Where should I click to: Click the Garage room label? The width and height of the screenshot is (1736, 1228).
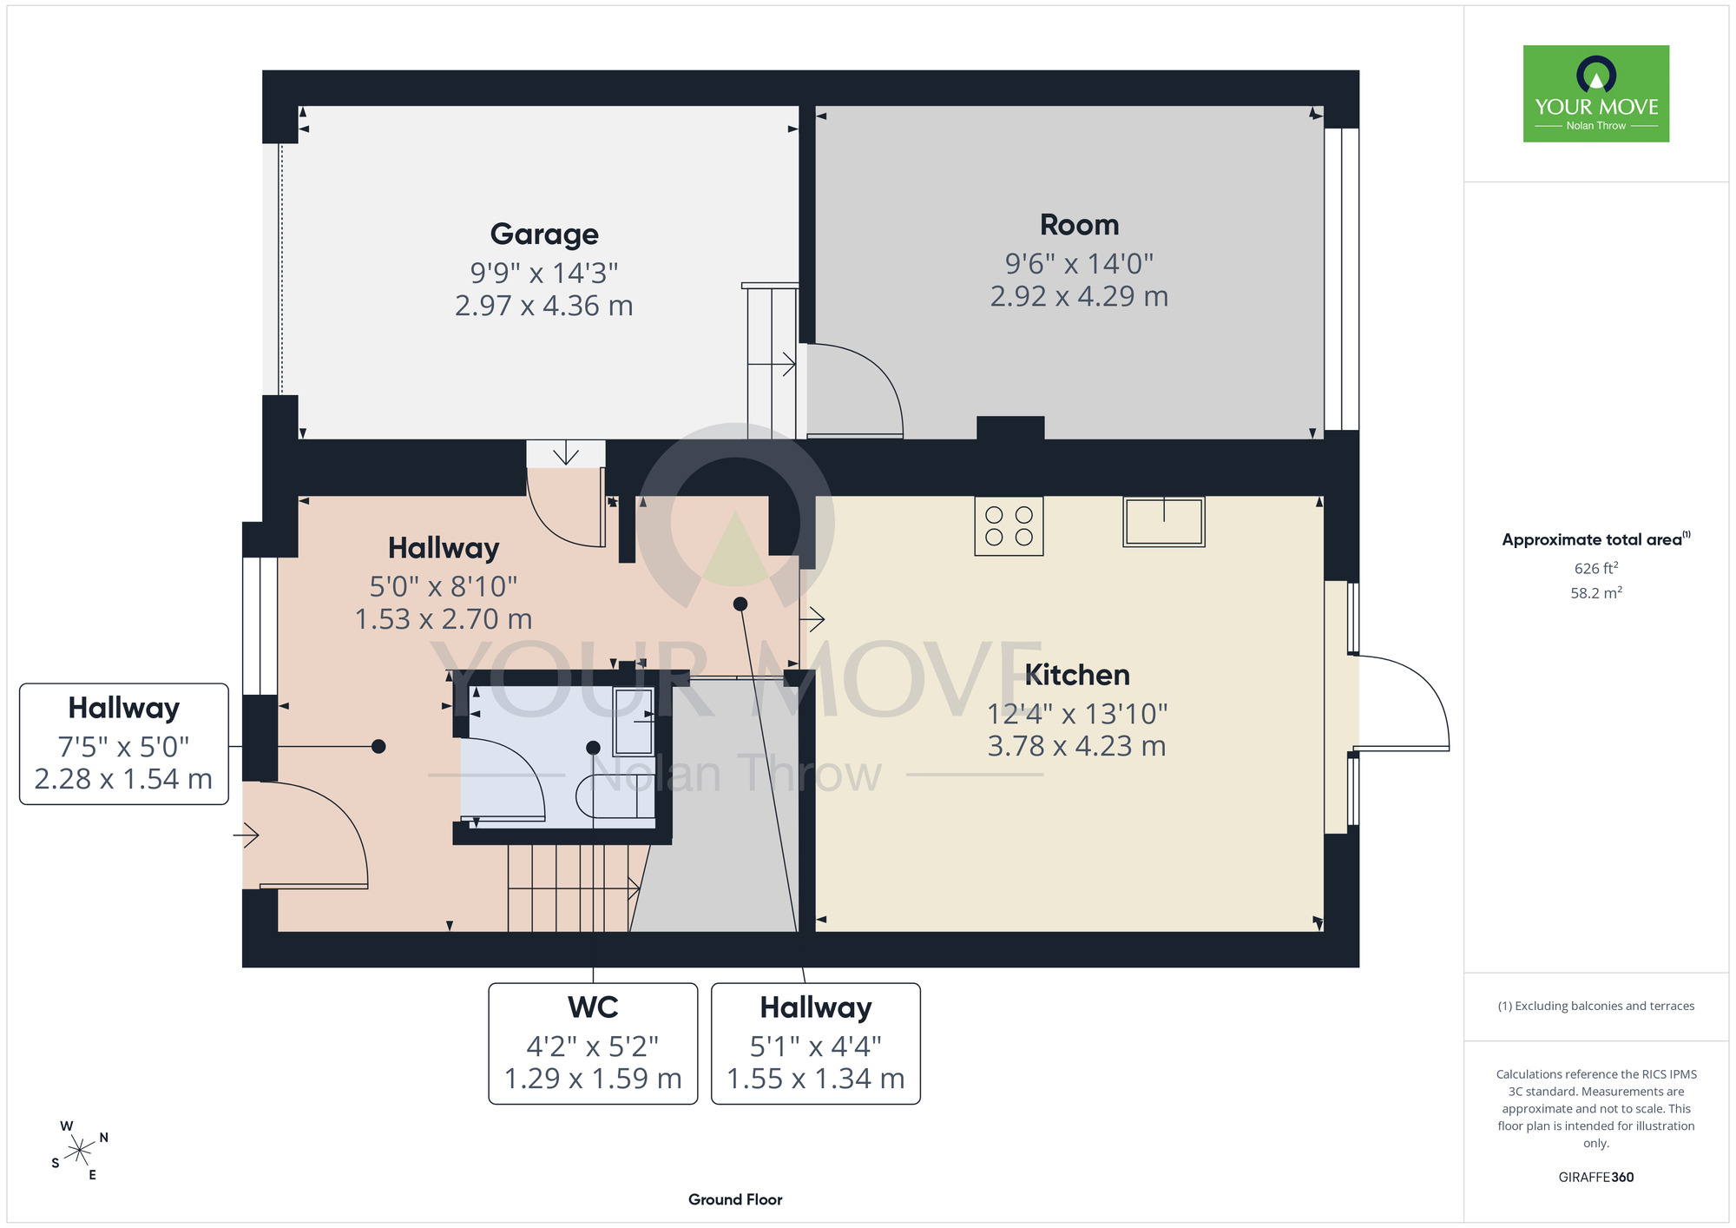544,234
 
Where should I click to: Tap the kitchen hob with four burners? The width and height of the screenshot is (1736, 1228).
1009,525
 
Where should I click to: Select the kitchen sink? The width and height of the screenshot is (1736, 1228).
1164,521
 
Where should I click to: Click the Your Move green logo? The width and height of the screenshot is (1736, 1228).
1596,94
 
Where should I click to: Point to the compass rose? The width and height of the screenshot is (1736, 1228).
80,1151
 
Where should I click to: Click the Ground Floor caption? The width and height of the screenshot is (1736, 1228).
735,1199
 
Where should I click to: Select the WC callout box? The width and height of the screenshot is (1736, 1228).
593,1043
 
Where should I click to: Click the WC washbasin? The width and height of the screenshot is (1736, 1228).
634,722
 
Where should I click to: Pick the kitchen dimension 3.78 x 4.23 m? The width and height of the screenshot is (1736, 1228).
1076,746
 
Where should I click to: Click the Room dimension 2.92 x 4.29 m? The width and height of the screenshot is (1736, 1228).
1079,296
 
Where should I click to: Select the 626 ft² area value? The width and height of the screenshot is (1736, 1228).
1596,568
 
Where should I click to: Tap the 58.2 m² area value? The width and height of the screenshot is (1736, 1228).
1596,592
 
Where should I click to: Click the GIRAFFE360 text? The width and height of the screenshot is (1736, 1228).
1596,1178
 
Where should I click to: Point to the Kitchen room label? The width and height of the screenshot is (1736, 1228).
1077,675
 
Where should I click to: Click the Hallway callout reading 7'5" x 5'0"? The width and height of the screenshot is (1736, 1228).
124,744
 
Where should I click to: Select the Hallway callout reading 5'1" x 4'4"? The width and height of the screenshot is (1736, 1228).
816,1043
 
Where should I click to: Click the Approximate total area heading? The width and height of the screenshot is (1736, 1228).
1596,539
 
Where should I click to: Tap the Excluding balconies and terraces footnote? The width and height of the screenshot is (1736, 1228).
1596,1006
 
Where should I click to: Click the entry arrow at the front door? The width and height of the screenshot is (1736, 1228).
247,835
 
